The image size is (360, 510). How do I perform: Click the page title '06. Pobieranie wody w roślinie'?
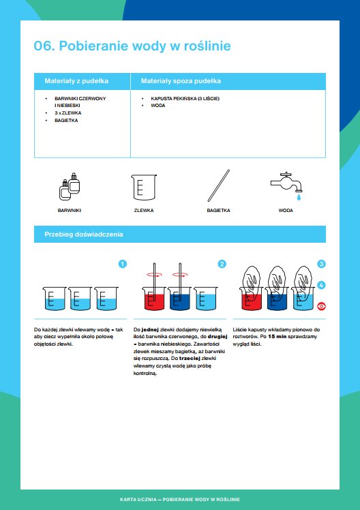[x=132, y=46]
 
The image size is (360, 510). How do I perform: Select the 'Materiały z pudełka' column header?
[x=76, y=81]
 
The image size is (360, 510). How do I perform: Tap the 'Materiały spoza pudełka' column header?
[x=181, y=81]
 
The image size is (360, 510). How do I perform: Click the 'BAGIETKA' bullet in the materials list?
[x=66, y=121]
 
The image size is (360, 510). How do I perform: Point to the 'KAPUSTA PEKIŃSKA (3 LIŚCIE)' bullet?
[x=185, y=99]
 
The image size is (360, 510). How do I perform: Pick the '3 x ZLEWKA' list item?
[x=67, y=113]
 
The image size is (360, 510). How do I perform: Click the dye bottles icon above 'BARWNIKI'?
[x=70, y=186]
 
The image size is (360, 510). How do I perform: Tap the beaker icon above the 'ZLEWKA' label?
[x=144, y=187]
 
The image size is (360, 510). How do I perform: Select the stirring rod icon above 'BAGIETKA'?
[x=219, y=185]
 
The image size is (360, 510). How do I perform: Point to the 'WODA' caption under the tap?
[x=286, y=211]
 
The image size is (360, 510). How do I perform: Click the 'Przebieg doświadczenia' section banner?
[x=180, y=234]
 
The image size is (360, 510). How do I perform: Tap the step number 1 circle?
[x=123, y=264]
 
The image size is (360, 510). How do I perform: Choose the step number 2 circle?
[x=222, y=264]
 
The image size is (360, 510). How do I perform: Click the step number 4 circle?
[x=321, y=285]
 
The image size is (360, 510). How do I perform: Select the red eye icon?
[x=321, y=306]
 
